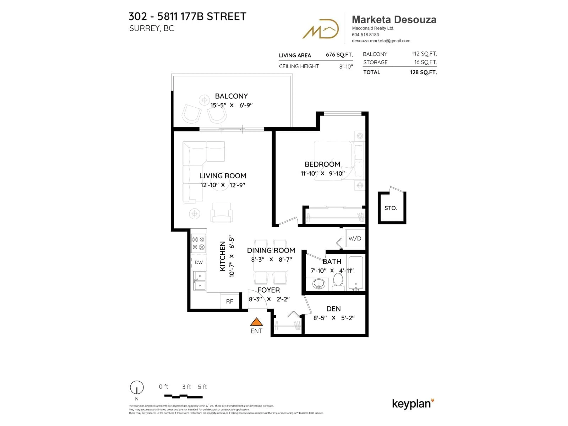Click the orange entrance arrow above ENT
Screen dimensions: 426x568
pos(256,322)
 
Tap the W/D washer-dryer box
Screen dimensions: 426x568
pos(355,239)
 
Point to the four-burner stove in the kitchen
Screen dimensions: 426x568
pos(198,243)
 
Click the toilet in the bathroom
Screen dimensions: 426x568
pos(338,281)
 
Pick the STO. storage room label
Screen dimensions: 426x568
pos(390,208)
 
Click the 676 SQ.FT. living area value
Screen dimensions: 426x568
pos(339,55)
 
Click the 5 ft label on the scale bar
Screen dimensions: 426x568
pos(202,387)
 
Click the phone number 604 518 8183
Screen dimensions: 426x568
pos(365,35)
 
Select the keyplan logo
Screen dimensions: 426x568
pos(412,404)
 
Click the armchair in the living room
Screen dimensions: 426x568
pos(221,212)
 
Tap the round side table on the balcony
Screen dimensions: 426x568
pos(204,100)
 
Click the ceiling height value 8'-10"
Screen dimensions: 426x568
pos(346,67)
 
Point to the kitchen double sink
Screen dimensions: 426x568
pos(200,281)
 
